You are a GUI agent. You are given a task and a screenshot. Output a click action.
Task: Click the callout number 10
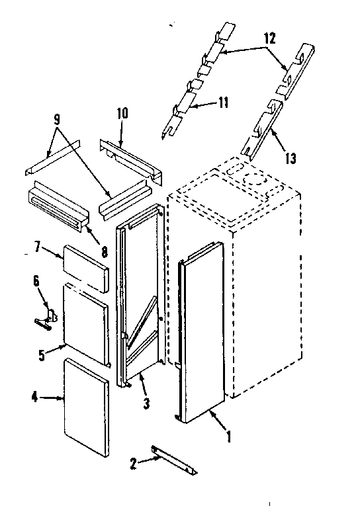point(122,114)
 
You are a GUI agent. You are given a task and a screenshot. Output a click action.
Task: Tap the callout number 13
point(290,158)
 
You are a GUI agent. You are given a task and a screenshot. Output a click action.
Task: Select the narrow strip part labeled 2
point(173,459)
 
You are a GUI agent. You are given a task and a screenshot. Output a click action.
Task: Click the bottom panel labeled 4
point(86,406)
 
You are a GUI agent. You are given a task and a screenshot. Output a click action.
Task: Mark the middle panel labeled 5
point(85,322)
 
